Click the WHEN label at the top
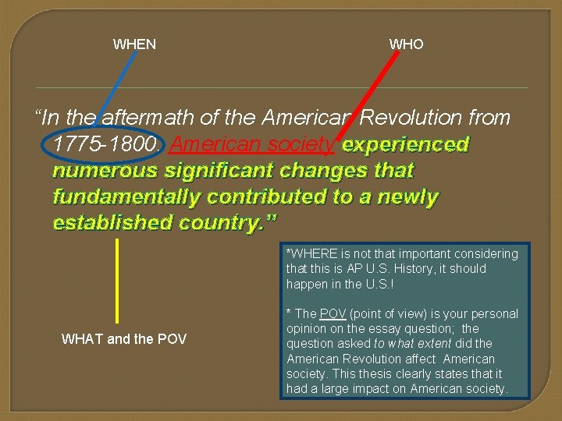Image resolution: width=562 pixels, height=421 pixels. click(x=134, y=44)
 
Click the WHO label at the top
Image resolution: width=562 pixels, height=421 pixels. click(x=406, y=44)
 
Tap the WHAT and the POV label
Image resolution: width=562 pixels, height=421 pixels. click(x=124, y=339)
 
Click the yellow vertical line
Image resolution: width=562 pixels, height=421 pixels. click(x=117, y=281)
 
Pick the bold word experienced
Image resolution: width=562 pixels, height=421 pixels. click(x=405, y=145)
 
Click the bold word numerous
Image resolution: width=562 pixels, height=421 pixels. click(x=106, y=171)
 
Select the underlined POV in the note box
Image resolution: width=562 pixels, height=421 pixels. click(x=333, y=314)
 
